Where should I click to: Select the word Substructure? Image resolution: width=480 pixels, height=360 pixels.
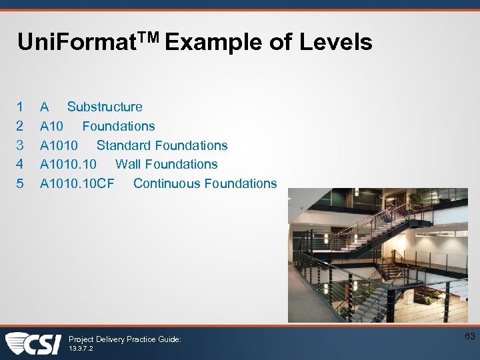[105, 107]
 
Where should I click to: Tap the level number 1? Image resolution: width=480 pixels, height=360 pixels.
[20, 107]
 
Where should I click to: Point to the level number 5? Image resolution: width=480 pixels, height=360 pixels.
[20, 183]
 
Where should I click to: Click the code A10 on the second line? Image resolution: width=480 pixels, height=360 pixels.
[52, 126]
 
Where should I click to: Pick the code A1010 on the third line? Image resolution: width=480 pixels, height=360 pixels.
[59, 145]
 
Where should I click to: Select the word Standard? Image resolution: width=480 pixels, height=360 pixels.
[125, 145]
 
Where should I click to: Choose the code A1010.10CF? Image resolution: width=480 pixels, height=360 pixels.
[77, 183]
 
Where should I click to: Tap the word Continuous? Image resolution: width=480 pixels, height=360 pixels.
[167, 183]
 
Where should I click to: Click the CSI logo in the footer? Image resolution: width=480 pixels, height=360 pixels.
[33, 343]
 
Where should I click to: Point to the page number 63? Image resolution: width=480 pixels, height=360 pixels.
[469, 336]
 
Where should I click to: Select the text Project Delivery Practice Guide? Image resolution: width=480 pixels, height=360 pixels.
[125, 339]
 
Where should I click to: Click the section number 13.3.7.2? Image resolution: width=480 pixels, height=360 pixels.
[81, 349]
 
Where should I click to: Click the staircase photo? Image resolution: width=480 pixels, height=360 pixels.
[377, 256]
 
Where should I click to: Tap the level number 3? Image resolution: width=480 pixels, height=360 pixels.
[20, 145]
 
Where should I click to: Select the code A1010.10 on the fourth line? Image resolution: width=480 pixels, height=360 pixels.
[68, 164]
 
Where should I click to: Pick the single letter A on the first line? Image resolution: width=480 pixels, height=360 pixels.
[44, 107]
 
